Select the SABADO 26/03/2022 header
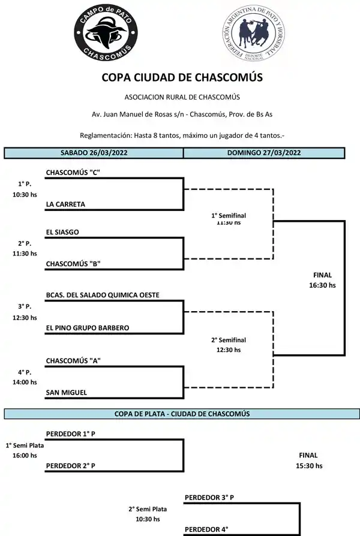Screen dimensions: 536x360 pyautogui.click(x=94, y=153)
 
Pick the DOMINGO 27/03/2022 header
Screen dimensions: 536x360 pyautogui.click(x=264, y=153)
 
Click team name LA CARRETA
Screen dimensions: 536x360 pyautogui.click(x=65, y=204)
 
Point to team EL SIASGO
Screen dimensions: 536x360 pyautogui.click(x=62, y=231)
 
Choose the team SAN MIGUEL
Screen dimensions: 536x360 pyautogui.click(x=66, y=392)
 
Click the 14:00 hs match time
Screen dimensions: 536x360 pyautogui.click(x=25, y=382)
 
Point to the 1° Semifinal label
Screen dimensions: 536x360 pyautogui.click(x=229, y=215)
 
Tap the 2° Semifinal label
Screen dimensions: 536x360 pyautogui.click(x=229, y=340)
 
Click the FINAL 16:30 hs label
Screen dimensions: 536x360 pyautogui.click(x=322, y=280)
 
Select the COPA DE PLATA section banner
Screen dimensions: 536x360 pyautogui.click(x=182, y=414)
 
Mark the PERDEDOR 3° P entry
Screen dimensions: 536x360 pyautogui.click(x=209, y=497)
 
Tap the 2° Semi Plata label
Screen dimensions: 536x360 pyautogui.click(x=148, y=509)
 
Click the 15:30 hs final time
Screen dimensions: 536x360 pyautogui.click(x=309, y=465)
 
